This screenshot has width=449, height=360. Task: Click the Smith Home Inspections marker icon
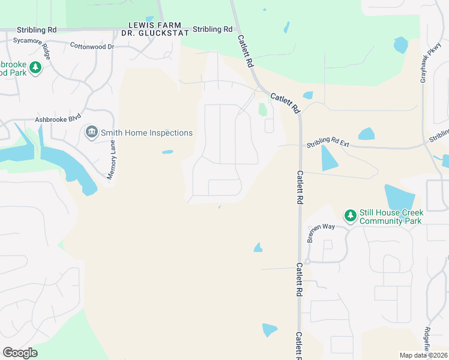coord(91,132)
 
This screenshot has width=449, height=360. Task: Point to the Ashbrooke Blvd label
coord(58,119)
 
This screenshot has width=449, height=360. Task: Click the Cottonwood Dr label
coord(92,46)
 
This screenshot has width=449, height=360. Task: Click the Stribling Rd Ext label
coord(328,142)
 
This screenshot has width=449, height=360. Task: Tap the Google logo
coord(20,353)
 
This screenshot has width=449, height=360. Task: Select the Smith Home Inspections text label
coord(146,133)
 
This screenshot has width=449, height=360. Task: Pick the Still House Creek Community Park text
coord(391,217)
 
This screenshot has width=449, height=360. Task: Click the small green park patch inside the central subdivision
coord(262,110)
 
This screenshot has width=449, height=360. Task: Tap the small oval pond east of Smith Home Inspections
coord(167,152)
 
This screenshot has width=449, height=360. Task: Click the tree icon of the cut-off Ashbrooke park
coord(35,67)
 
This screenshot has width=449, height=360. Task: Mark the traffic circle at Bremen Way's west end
coord(307,262)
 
